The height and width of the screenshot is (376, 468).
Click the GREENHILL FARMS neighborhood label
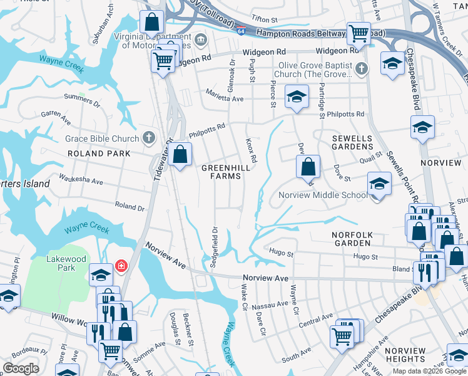point(221,172)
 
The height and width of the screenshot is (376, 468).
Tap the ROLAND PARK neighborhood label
point(100,153)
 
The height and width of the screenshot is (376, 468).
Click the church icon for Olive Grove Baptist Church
point(361,68)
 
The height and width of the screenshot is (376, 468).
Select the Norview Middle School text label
point(323,195)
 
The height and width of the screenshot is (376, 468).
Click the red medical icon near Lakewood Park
point(122,266)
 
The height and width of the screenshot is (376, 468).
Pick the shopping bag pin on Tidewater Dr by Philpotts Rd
point(180,154)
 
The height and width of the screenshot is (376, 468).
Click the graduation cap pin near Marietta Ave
point(297,97)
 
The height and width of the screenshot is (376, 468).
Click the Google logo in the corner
point(20,368)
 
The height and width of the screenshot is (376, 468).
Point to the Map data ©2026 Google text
point(429,371)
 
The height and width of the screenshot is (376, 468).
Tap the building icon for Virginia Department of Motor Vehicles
point(201,40)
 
